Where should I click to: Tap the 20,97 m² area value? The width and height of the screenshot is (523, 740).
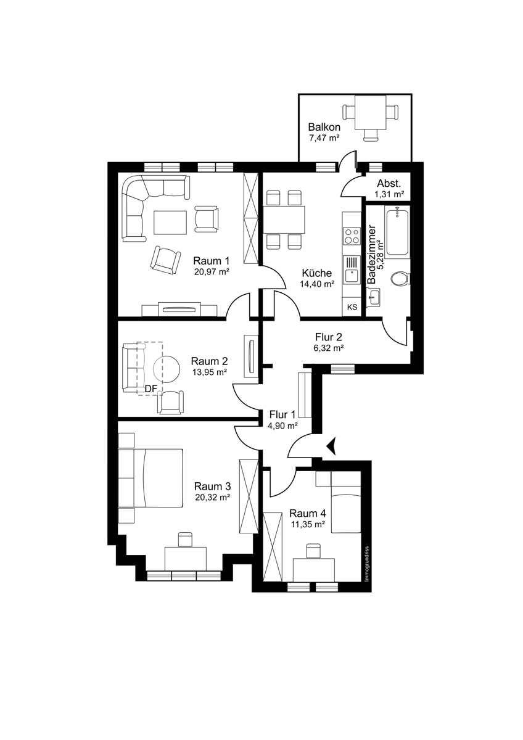(x=212, y=272)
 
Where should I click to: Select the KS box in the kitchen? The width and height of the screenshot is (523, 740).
(x=352, y=307)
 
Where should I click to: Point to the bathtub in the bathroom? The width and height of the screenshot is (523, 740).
(x=397, y=232)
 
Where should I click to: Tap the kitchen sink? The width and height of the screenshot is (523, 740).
(x=352, y=270)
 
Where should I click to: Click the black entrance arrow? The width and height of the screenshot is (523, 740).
(x=331, y=446)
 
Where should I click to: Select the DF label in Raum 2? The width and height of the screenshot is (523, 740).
(x=151, y=389)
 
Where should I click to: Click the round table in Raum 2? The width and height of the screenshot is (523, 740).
(x=167, y=369)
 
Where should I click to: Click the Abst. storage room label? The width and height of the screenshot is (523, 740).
(x=389, y=184)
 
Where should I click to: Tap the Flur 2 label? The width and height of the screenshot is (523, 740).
(x=328, y=337)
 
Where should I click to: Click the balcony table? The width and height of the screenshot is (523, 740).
(x=370, y=112)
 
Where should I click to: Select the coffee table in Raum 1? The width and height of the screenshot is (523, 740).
(x=170, y=223)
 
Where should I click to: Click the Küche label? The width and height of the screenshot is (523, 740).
(x=316, y=273)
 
